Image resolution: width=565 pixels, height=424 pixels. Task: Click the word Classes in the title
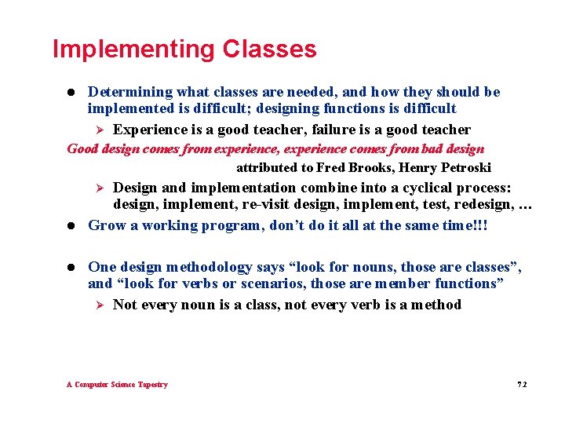point(269,49)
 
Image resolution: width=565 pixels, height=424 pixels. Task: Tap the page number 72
point(522,385)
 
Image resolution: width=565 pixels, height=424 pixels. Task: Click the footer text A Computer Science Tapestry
point(117,385)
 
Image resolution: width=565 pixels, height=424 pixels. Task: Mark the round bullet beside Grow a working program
point(71,226)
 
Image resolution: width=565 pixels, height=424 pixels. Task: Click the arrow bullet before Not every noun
point(99,305)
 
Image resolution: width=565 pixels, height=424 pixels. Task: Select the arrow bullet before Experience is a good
point(99,130)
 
